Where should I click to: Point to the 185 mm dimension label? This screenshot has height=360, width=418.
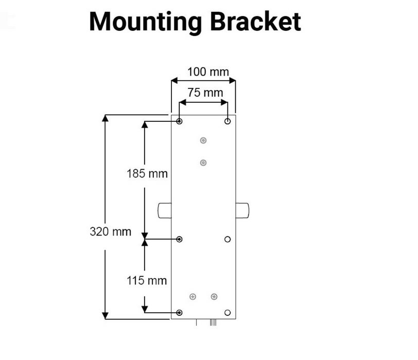(147, 173)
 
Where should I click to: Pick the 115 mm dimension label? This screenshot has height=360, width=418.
(147, 280)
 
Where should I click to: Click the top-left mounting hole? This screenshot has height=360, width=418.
(180, 121)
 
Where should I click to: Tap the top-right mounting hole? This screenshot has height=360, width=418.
(228, 121)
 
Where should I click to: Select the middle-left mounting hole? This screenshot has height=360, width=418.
(180, 239)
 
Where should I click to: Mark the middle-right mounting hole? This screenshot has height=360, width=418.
(228, 239)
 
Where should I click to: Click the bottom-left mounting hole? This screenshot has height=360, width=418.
(180, 313)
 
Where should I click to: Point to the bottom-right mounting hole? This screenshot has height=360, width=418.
(228, 313)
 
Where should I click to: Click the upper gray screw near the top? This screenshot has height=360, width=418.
(203, 140)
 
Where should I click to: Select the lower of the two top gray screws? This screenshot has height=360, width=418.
(203, 163)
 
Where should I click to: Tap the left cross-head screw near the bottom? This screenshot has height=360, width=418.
(193, 296)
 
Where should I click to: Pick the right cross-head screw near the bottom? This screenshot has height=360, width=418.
(214, 296)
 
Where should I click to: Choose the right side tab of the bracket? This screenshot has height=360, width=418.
(242, 210)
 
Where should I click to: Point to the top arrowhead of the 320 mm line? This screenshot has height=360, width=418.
(105, 118)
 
